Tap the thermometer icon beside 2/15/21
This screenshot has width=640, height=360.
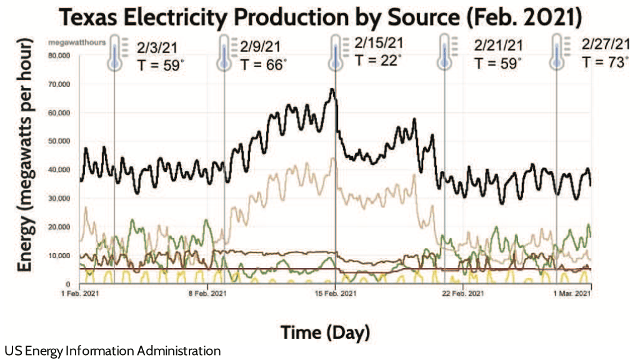coord(336,52)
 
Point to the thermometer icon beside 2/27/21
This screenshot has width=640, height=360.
coord(556,52)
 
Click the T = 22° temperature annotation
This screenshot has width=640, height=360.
coord(377,60)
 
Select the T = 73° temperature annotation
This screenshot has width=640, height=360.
coord(604,62)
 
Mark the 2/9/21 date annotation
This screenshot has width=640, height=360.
coord(261,47)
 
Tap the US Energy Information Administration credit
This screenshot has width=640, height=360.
coord(112,351)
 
